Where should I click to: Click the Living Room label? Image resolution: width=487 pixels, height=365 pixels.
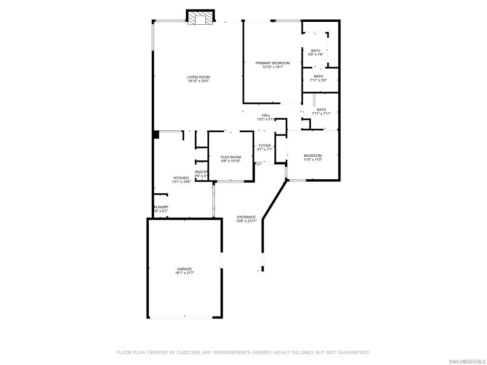coord(198,77)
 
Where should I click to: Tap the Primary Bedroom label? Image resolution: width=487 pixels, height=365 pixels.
coord(273,63)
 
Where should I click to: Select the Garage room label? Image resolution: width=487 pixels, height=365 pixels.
coord(185,269)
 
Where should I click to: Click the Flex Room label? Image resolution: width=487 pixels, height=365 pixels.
coord(231,157)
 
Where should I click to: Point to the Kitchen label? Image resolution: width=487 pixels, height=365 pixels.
coord(181,178)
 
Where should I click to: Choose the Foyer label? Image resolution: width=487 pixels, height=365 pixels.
coord(265,145)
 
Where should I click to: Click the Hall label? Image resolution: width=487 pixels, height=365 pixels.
coord(266,115)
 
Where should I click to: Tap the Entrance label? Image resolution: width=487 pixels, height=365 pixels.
coord(246,217)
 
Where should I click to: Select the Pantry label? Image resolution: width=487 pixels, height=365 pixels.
coord(201,172)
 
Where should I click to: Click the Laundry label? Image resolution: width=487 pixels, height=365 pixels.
coord(160,207)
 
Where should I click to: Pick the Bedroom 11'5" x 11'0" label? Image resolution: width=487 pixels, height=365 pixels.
coord(313,155)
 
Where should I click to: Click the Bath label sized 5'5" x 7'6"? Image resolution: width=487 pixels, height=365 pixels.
coord(316,50)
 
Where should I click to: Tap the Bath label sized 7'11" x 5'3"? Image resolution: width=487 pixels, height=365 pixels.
coord(318,76)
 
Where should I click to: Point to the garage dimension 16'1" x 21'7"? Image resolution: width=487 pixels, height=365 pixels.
coord(185,273)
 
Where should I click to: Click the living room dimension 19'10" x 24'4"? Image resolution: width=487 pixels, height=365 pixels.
coord(198,81)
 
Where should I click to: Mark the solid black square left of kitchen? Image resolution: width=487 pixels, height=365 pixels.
coord(156,134)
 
